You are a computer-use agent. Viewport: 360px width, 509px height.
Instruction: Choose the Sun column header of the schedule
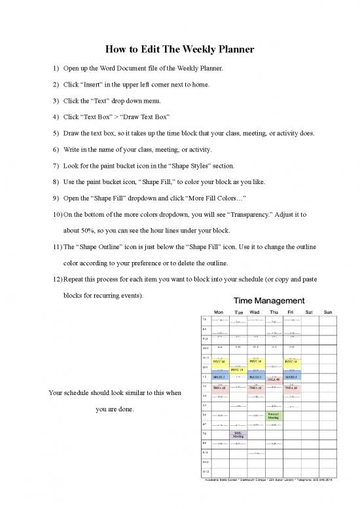(329, 312)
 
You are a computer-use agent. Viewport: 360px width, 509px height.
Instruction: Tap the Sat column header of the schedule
(310, 312)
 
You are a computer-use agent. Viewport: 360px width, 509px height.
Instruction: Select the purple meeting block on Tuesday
(236, 434)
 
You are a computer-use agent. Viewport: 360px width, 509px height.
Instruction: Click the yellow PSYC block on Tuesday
(236, 370)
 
